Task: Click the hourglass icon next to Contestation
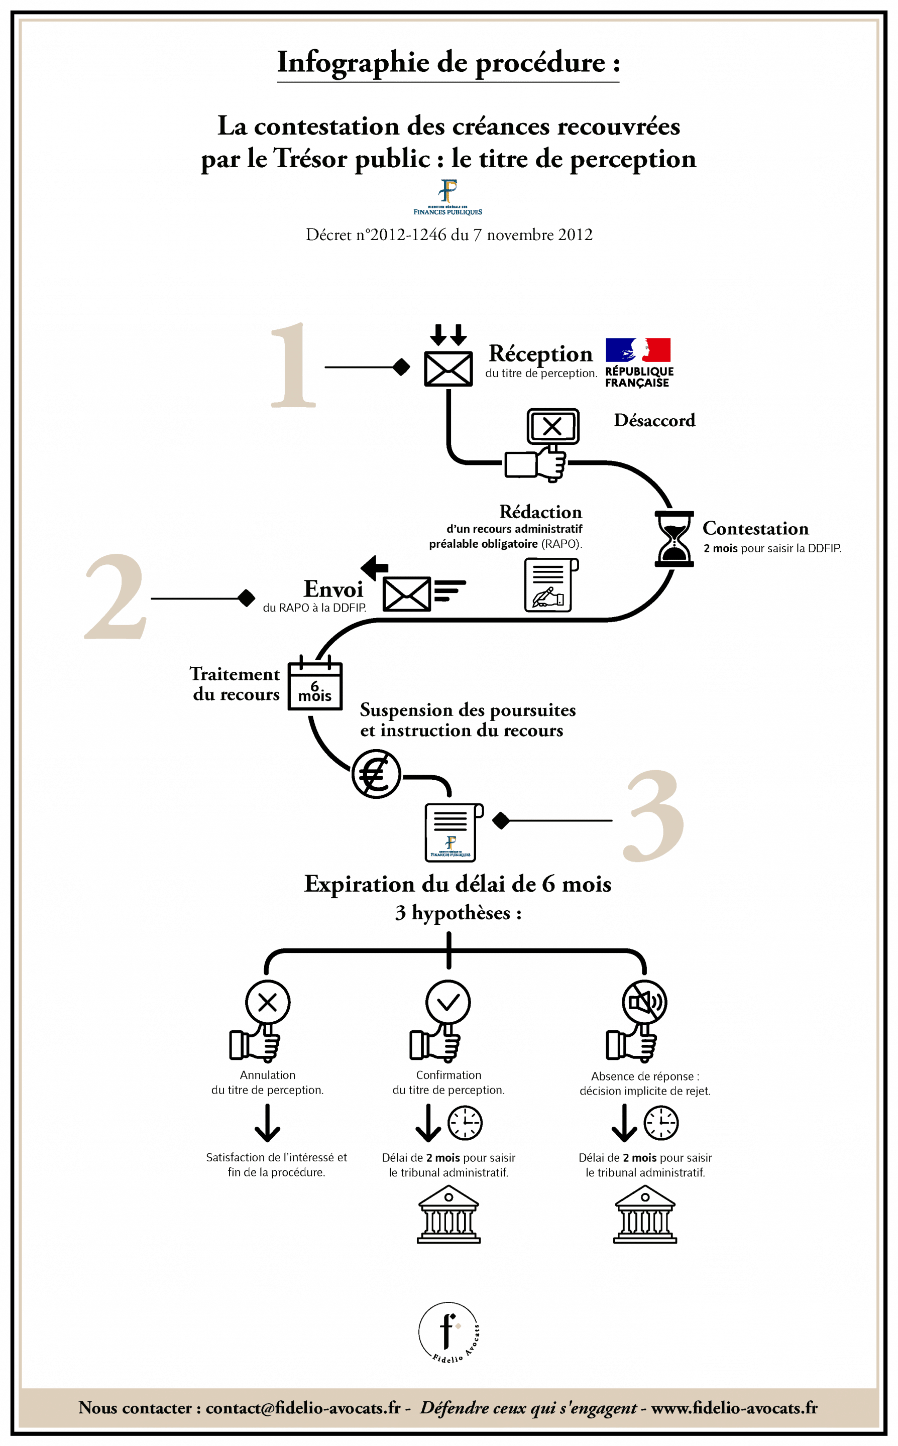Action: pyautogui.click(x=674, y=538)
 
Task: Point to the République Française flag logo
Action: pyautogui.click(x=638, y=361)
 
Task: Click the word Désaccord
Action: pyautogui.click(x=654, y=420)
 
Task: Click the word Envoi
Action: pyautogui.click(x=333, y=589)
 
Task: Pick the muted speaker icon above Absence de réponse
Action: pyautogui.click(x=644, y=1003)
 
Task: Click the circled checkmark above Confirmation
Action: pyautogui.click(x=448, y=1003)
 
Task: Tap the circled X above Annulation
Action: pyautogui.click(x=268, y=1003)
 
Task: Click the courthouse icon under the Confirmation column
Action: pyautogui.click(x=448, y=1214)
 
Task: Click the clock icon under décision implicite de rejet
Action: pyautogui.click(x=661, y=1123)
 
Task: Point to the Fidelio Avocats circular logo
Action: pyautogui.click(x=448, y=1333)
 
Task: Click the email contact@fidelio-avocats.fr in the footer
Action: pyautogui.click(x=303, y=1407)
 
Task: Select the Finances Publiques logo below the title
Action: pyautogui.click(x=448, y=197)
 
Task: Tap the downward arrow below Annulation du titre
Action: pyautogui.click(x=267, y=1123)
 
